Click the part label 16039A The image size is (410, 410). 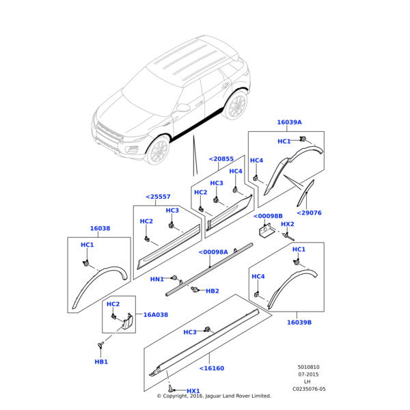[289, 122]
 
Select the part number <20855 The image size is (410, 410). [221, 159]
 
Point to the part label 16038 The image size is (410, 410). [100, 229]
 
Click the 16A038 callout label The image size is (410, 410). [156, 315]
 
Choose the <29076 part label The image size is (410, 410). [309, 213]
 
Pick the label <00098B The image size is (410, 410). [268, 216]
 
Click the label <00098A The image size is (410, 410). [213, 252]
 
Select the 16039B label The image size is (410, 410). [299, 322]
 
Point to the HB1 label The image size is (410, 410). [101, 361]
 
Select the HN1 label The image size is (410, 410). [156, 279]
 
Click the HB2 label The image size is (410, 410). [213, 291]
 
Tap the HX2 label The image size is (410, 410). [288, 224]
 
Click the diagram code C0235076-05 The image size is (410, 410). [310, 389]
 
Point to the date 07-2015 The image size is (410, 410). [308, 374]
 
